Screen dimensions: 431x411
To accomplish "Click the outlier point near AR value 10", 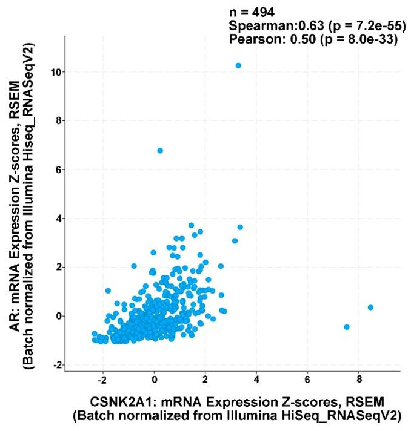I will click(x=238, y=65).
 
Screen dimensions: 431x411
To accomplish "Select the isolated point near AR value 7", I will click(x=160, y=150).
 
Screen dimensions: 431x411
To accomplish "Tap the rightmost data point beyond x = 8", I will click(x=370, y=308).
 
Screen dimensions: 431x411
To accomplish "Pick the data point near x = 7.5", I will click(x=347, y=327).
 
